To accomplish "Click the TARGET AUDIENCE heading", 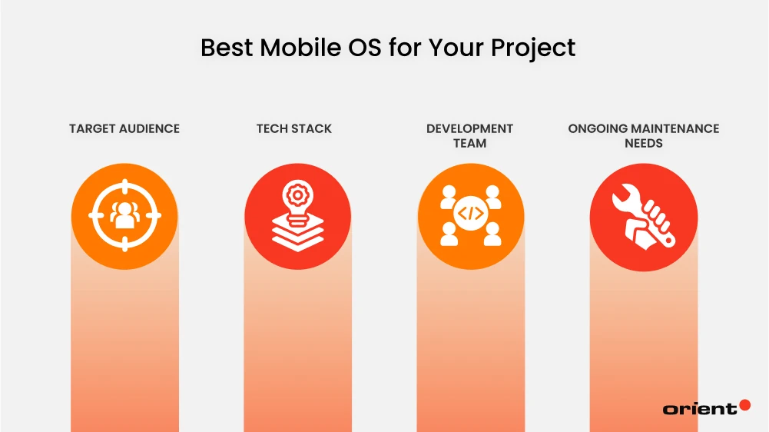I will pyautogui.click(x=124, y=128).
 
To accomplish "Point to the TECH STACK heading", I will pyautogui.click(x=294, y=128).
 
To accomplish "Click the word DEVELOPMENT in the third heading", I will pyautogui.click(x=469, y=128).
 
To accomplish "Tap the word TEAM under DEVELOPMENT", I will pyautogui.click(x=469, y=143).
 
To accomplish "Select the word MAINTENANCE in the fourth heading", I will pyautogui.click(x=674, y=128).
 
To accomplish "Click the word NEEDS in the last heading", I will pyautogui.click(x=644, y=143).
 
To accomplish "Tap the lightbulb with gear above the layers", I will pyautogui.click(x=297, y=193).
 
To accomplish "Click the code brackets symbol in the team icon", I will pyautogui.click(x=470, y=216).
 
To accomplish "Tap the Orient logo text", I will pyautogui.click(x=699, y=408).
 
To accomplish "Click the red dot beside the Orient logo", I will pyautogui.click(x=744, y=404).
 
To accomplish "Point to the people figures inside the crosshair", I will pyautogui.click(x=124, y=217).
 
